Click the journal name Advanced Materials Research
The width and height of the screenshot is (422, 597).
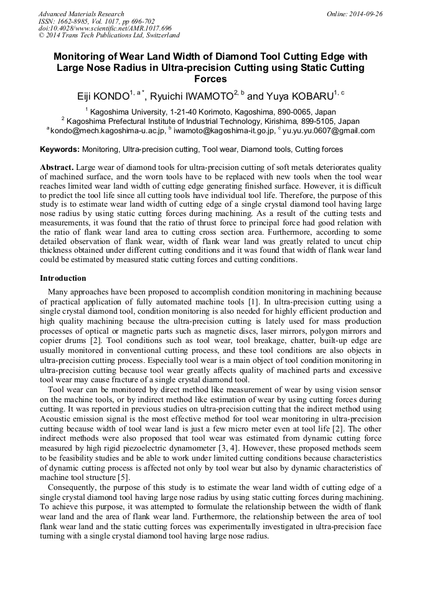tap(81, 14)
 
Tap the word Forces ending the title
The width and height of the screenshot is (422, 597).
tap(211, 79)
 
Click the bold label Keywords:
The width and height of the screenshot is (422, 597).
tap(60, 149)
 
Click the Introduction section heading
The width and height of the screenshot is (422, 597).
tap(63, 278)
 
